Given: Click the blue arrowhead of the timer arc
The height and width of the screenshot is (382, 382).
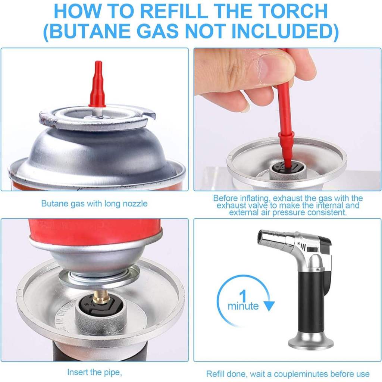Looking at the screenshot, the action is [x=269, y=306].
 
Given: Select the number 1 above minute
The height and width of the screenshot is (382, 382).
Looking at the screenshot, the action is [x=243, y=295].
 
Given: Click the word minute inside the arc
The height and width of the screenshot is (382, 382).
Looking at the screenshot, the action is [x=243, y=306].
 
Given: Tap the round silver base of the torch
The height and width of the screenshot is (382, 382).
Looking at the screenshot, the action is [x=311, y=341].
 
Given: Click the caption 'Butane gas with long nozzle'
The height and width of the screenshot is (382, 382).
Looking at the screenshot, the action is [x=94, y=203].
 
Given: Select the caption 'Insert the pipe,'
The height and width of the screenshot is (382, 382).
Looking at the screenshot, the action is [x=94, y=372].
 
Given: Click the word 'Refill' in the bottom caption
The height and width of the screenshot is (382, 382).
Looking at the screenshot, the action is [x=215, y=373].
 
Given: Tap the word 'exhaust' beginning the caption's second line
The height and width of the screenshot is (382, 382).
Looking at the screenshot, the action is [x=232, y=206].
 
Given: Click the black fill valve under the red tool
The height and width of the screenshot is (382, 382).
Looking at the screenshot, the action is [x=287, y=167].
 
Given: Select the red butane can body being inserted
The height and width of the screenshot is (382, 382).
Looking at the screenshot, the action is [x=95, y=230].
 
